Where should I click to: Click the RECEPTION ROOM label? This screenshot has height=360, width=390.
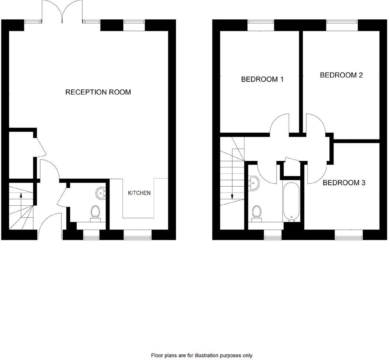(98, 92)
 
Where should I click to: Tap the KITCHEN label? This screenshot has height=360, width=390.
(139, 193)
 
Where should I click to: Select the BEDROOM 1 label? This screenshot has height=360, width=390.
(262, 79)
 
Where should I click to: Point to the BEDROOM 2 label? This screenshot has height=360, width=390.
(341, 75)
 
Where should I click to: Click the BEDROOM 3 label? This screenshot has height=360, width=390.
(344, 183)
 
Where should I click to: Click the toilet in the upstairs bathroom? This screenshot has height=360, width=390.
(256, 212)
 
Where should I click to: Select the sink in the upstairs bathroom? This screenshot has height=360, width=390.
(255, 183)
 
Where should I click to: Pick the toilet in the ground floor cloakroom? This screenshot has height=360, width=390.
(95, 212)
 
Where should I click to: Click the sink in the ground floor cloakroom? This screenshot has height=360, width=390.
(101, 192)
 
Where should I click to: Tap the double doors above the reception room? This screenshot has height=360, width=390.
(62, 11)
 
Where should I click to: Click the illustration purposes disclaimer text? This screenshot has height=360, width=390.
(201, 356)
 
